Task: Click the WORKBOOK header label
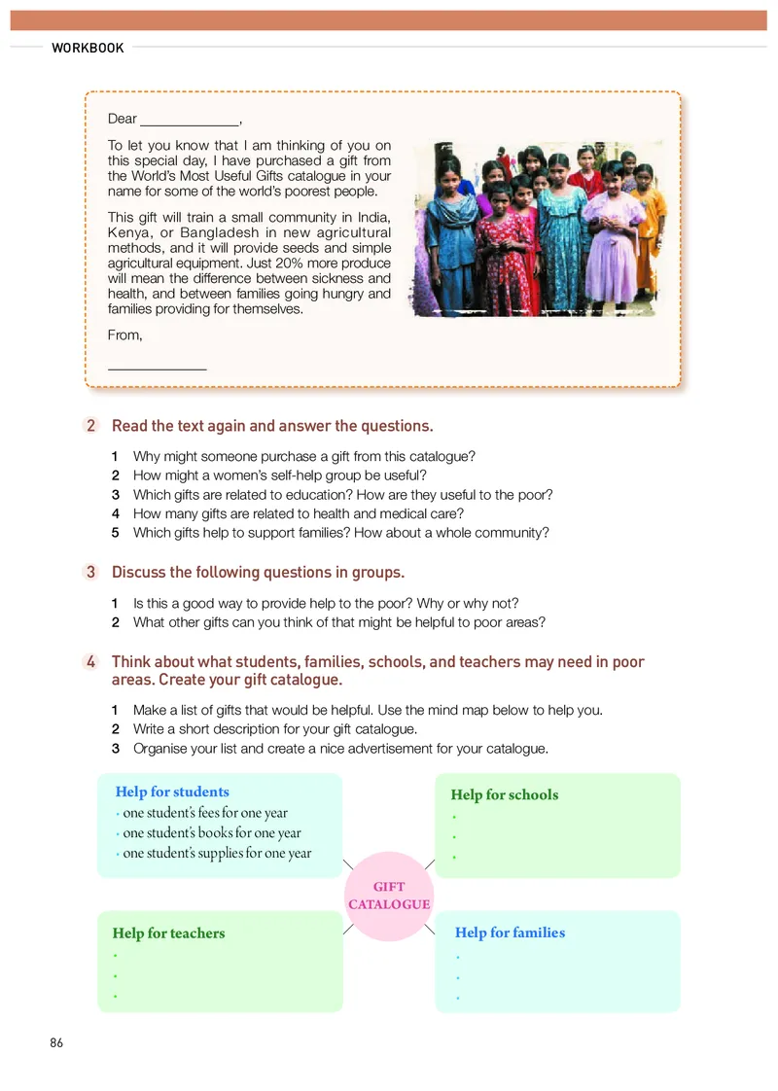point(88,48)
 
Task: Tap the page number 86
point(56,1042)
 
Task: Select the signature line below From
point(157,367)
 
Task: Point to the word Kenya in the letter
point(128,233)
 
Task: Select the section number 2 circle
point(90,426)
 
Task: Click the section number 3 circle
point(90,572)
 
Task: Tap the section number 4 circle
point(90,662)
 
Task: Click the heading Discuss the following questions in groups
point(258,572)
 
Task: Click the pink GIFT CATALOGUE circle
point(389,895)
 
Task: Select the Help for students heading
point(172,792)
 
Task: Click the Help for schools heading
point(505,794)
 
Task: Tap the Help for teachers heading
point(168,933)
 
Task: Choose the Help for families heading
point(510,933)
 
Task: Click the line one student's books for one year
point(212,832)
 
